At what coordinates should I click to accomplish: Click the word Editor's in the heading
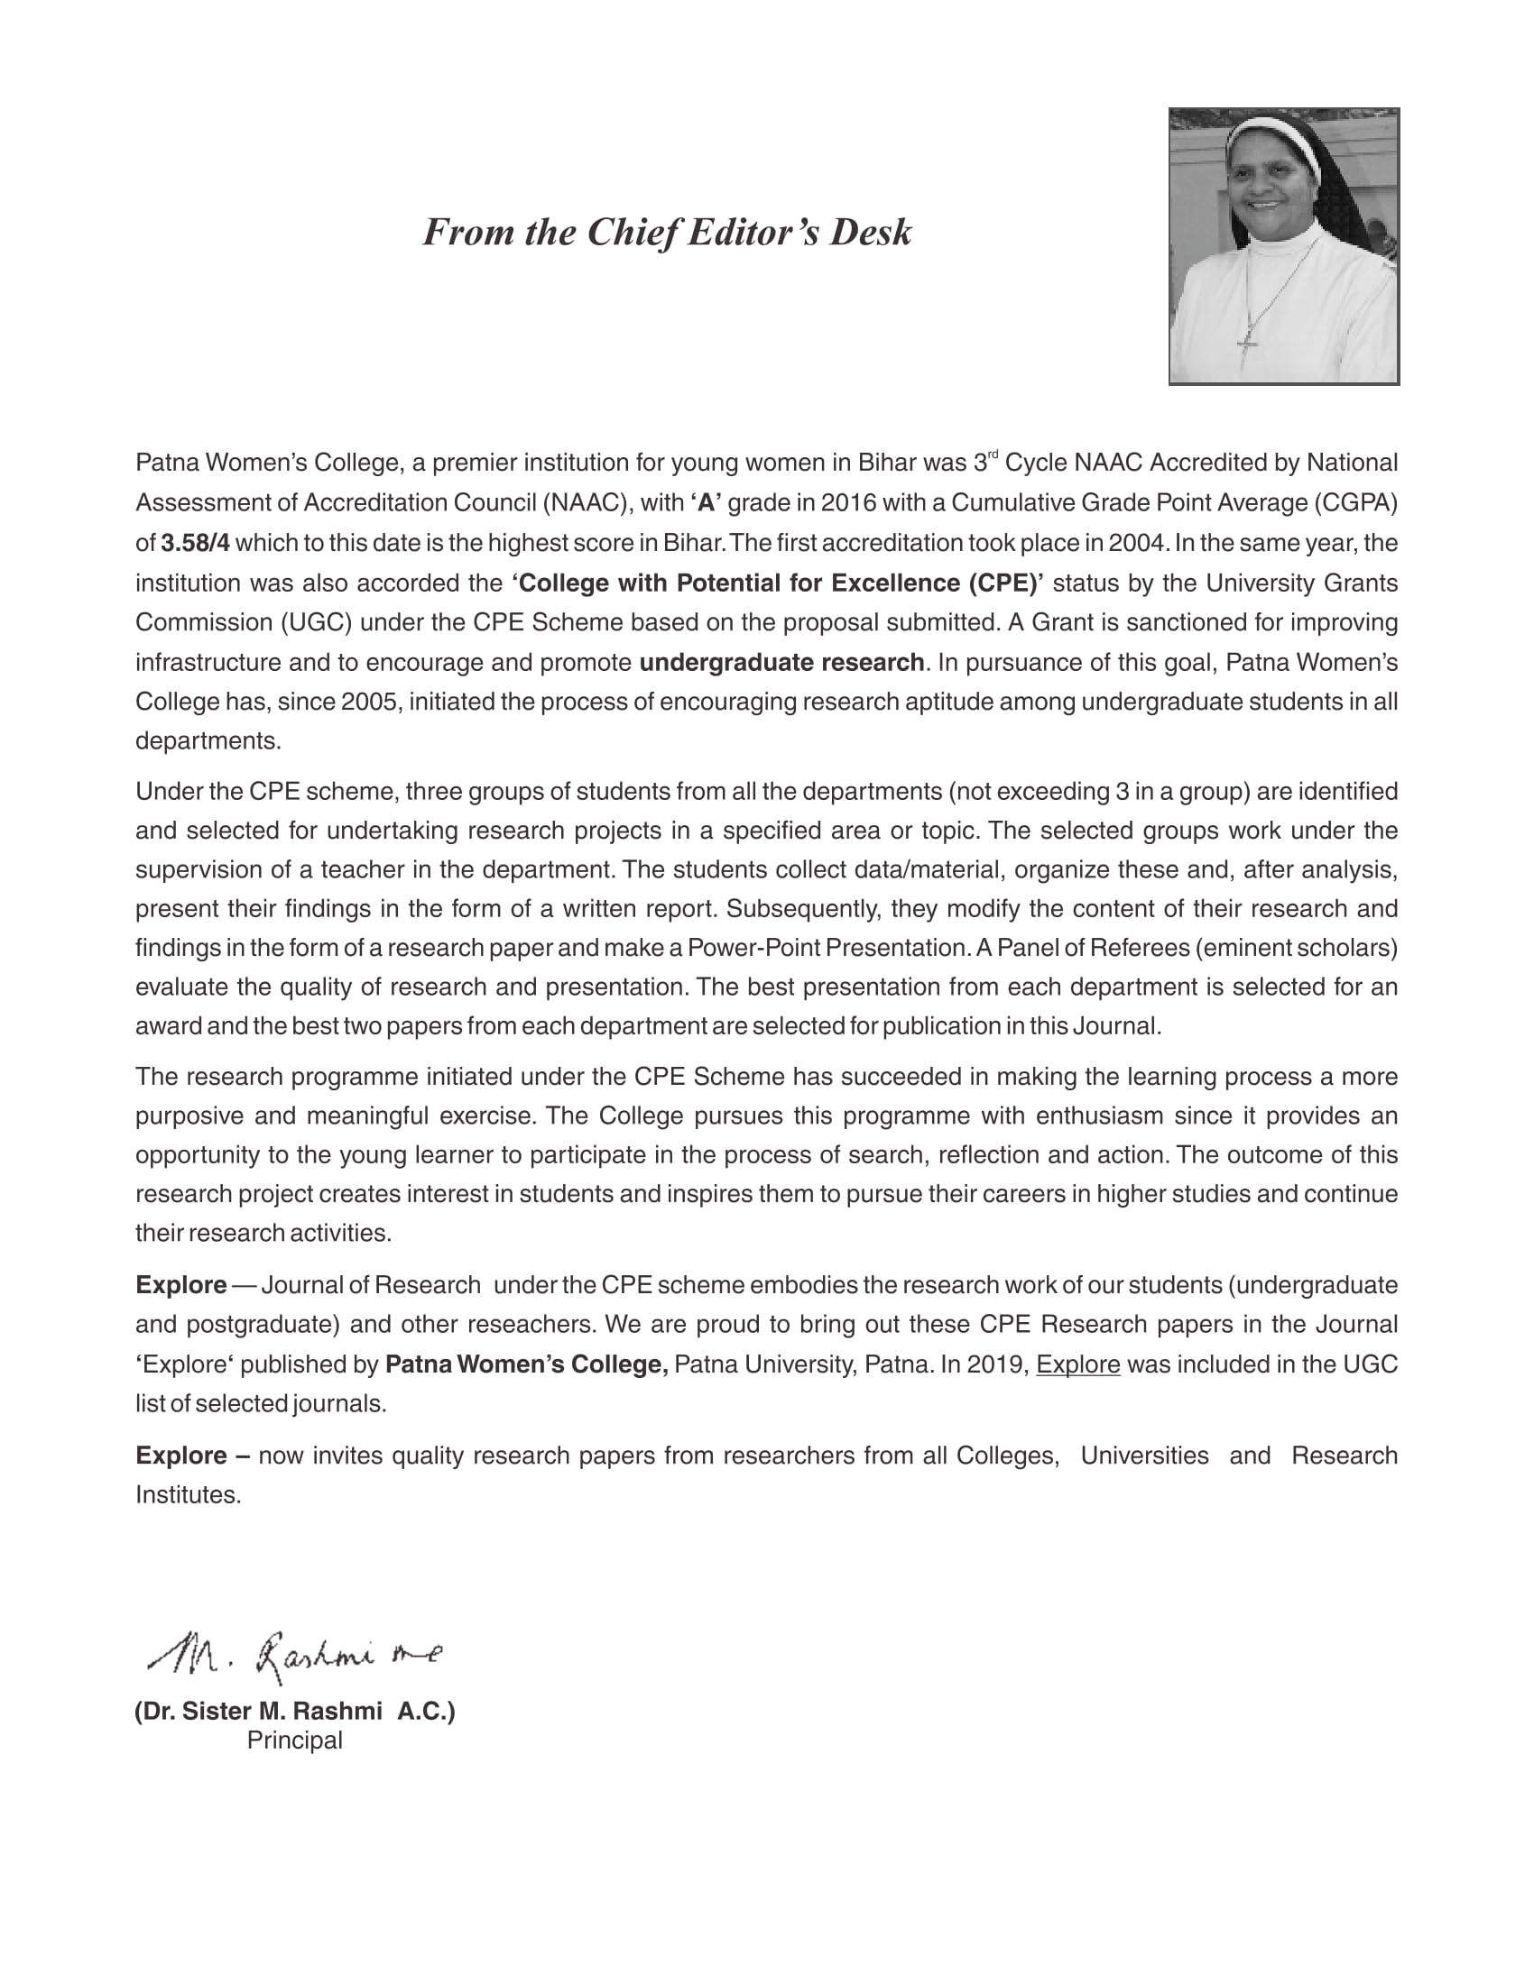(x=744, y=233)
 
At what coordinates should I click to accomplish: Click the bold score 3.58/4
(x=196, y=543)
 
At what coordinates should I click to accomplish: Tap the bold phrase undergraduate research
(x=781, y=663)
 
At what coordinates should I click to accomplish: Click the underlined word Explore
(x=1077, y=1365)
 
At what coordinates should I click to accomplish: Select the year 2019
(x=1001, y=1365)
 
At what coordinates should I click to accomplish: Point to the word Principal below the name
(x=294, y=1741)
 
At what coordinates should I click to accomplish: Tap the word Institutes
(x=188, y=1495)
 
